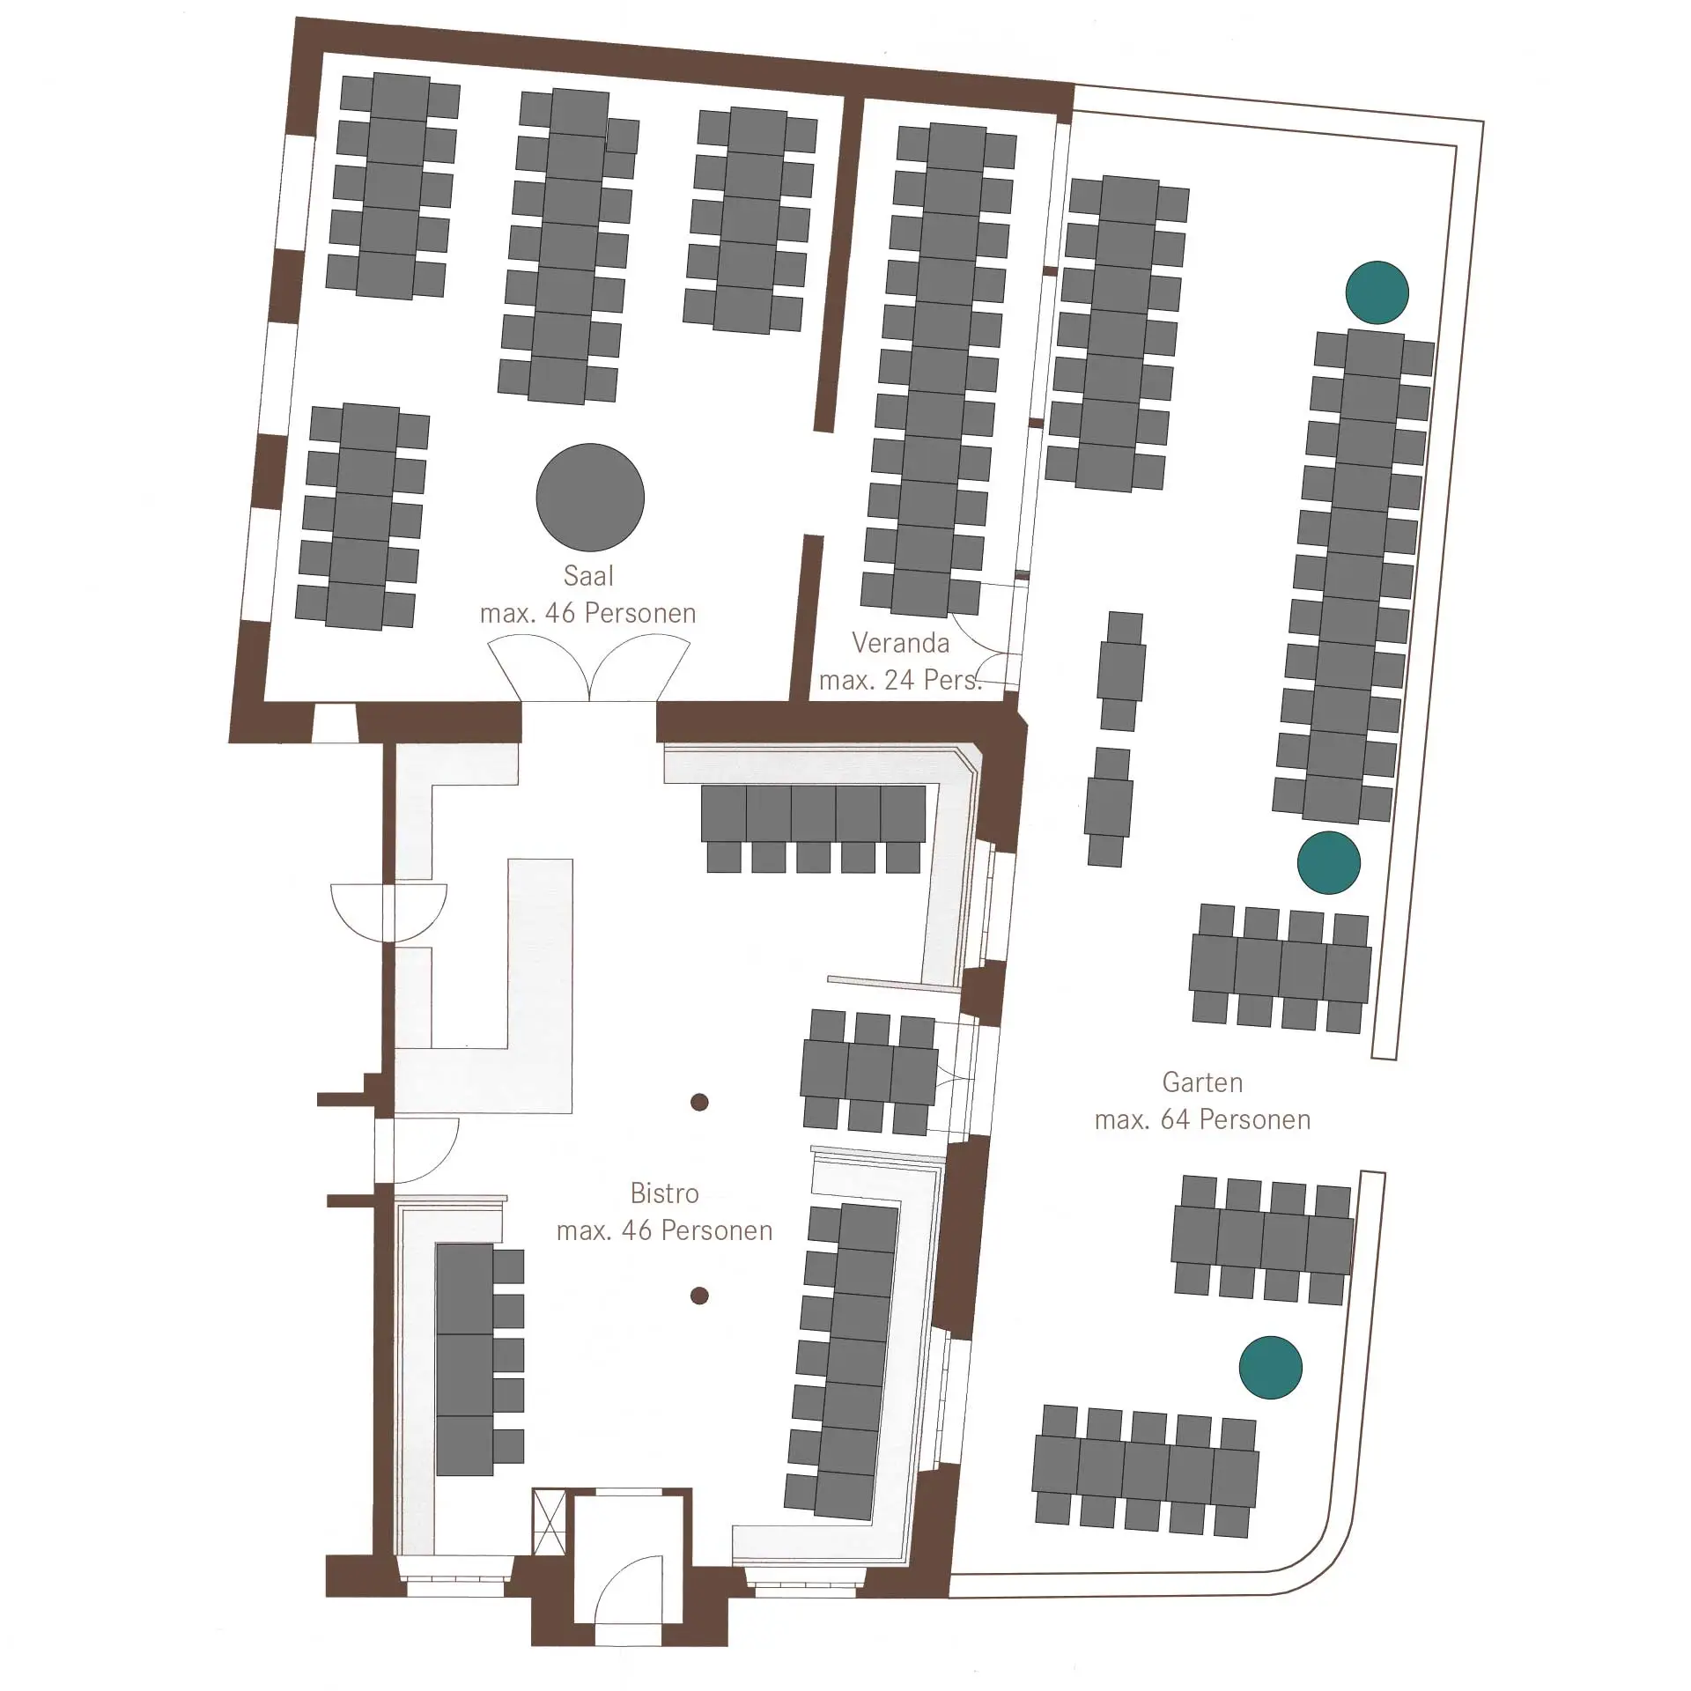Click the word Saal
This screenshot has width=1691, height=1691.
(588, 576)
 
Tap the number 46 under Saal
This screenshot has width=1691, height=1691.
(560, 613)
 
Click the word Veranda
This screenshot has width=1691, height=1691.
(900, 643)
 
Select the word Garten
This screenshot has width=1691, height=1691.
(1202, 1082)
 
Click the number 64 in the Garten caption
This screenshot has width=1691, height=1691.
(1175, 1119)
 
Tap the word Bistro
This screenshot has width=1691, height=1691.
(664, 1193)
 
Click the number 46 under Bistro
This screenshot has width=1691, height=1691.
(637, 1230)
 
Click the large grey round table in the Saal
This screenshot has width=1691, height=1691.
(590, 498)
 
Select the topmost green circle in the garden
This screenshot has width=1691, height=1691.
(1377, 292)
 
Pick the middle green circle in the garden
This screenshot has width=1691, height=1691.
(1328, 862)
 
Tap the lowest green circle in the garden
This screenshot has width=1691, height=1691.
(1270, 1368)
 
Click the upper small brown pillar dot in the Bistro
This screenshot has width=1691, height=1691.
(699, 1102)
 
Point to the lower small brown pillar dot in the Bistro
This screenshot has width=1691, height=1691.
(699, 1295)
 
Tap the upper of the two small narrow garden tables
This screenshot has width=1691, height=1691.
(1120, 671)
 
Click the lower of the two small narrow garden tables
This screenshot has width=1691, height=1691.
(1108, 807)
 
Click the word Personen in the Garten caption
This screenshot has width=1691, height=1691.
(1255, 1119)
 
